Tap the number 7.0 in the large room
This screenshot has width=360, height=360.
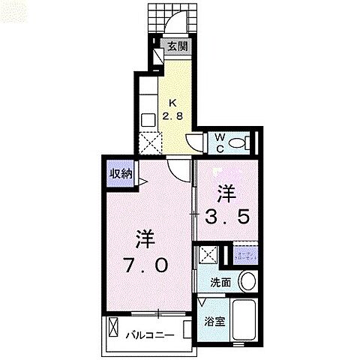[146, 265]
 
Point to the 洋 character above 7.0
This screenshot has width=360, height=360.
[145, 238]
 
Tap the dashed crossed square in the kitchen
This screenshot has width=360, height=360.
[149, 140]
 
